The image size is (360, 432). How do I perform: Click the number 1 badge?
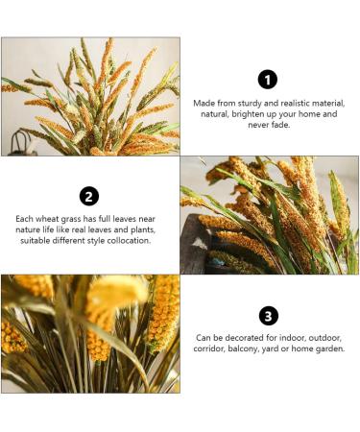269,79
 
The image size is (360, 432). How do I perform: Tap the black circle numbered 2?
89,196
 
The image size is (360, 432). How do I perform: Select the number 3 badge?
269,316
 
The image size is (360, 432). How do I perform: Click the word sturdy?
252,103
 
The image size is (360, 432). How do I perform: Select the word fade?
283,125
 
